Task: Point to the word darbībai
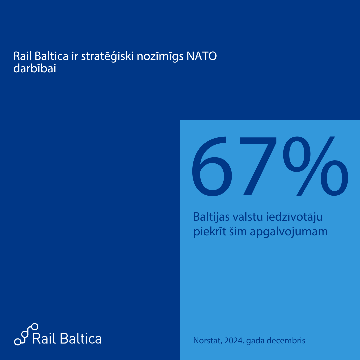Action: [34, 68]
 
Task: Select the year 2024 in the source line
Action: [234, 341]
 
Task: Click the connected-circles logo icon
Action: [26, 334]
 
